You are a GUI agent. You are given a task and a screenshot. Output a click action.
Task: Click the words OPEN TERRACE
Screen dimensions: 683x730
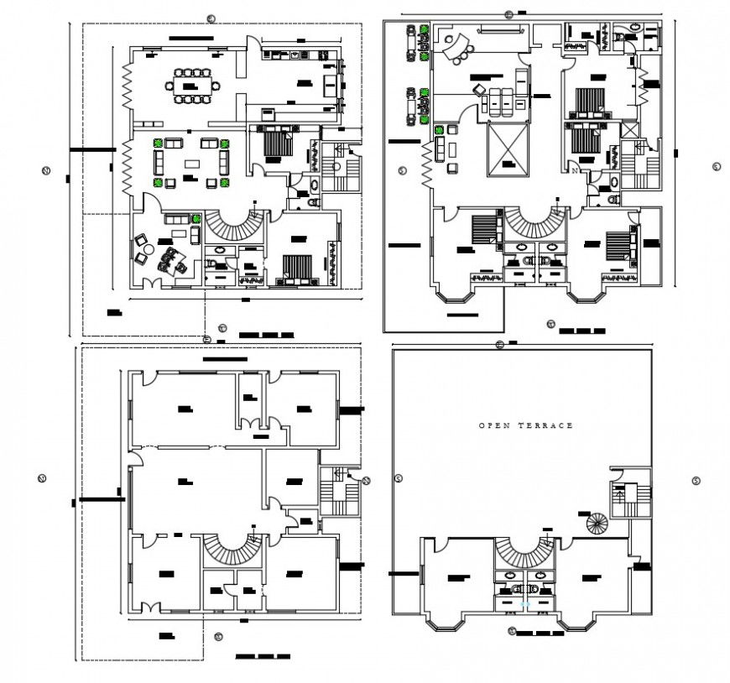(x=526, y=425)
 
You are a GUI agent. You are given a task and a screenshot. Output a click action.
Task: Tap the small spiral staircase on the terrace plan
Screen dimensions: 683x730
(x=597, y=524)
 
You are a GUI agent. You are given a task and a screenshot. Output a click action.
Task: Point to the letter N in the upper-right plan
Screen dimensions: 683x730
(x=574, y=171)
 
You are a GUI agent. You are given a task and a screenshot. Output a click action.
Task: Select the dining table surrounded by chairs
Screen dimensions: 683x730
(x=194, y=86)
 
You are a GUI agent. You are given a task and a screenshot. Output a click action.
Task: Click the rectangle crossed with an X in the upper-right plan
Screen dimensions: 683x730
(x=509, y=151)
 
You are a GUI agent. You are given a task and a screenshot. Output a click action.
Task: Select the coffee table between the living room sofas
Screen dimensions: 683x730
(x=191, y=164)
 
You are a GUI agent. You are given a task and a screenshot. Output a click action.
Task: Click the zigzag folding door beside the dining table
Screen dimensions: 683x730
(x=127, y=87)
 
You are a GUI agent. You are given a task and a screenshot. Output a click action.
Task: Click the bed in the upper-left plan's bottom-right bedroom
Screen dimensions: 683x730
(x=296, y=266)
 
